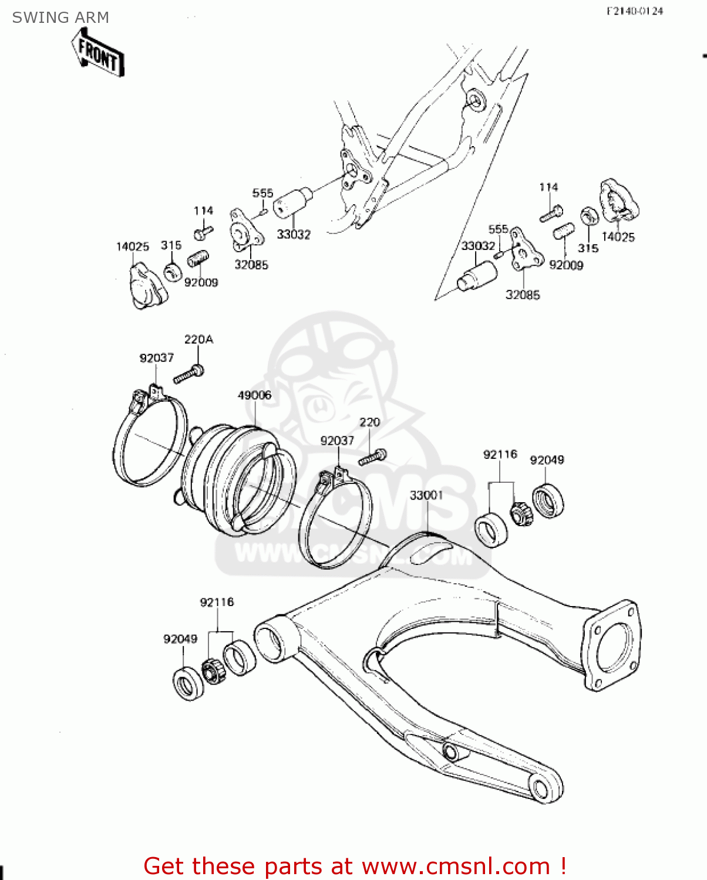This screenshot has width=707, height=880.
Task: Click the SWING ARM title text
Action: (x=60, y=18)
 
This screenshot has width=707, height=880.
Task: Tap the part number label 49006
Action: (x=254, y=395)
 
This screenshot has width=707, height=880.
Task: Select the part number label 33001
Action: (x=426, y=495)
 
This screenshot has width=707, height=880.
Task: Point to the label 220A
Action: (x=198, y=339)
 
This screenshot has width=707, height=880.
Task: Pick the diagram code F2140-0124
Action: (x=635, y=11)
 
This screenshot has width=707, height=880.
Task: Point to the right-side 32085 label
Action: (x=523, y=295)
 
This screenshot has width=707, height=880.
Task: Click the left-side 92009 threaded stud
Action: (x=199, y=259)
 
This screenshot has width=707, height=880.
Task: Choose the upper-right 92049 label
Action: (x=547, y=460)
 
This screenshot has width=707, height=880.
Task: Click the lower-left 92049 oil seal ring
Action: (x=188, y=683)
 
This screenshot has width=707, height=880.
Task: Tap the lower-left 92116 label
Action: (x=217, y=602)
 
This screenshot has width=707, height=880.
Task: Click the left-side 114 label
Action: (x=203, y=211)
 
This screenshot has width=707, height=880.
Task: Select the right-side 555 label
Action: (x=498, y=229)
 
